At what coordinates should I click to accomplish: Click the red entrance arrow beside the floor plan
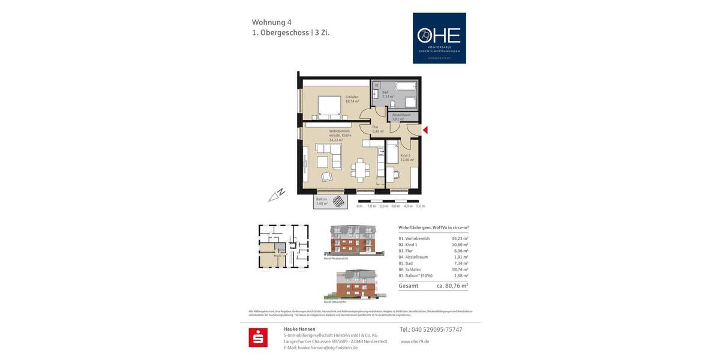425,130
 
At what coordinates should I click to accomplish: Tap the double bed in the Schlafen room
328,106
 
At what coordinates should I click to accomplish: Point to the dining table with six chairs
360,170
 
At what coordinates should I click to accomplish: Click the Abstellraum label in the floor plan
401,115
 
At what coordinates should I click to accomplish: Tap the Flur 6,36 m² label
377,129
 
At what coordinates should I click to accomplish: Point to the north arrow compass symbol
277,194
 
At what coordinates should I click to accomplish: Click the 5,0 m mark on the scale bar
420,206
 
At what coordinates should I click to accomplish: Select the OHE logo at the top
439,38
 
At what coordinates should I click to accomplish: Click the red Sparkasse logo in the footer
258,337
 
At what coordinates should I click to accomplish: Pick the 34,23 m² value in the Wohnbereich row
460,238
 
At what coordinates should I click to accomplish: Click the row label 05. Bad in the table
406,263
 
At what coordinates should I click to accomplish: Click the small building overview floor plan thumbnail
283,247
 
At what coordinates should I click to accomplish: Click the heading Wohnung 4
272,22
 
